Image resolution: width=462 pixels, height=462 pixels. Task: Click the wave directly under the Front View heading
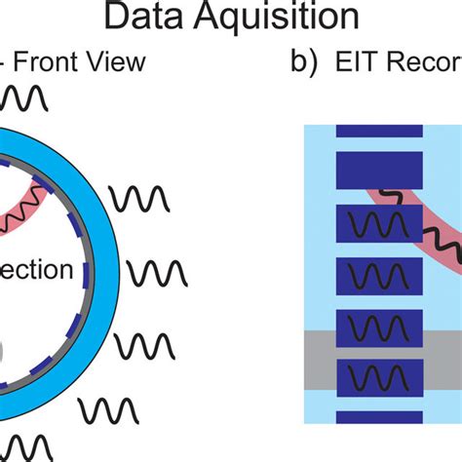point(25,98)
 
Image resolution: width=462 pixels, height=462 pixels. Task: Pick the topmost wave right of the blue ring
point(139,198)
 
